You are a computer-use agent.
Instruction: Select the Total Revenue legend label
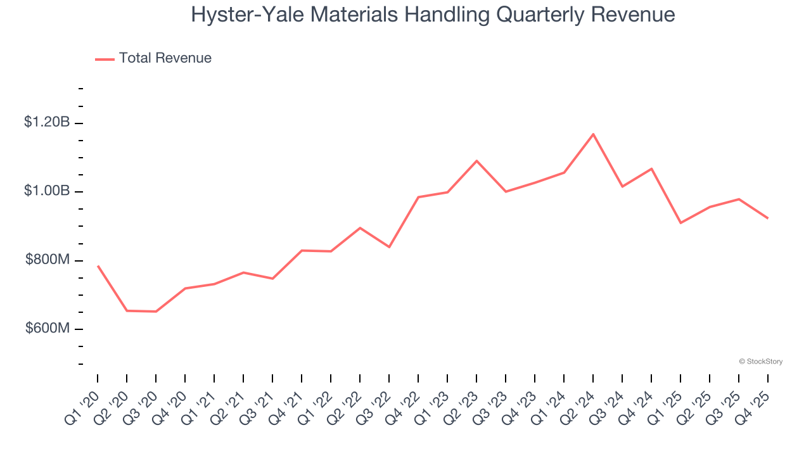point(165,58)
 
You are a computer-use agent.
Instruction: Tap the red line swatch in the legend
point(105,59)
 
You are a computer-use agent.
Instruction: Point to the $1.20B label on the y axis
point(47,122)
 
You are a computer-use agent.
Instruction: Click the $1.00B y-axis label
point(47,191)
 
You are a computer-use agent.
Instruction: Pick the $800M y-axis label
point(48,260)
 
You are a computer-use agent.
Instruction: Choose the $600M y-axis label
point(48,329)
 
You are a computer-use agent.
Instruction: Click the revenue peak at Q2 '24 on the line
point(593,134)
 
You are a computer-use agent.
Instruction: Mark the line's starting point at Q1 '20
point(98,266)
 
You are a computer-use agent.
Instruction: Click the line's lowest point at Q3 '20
point(156,312)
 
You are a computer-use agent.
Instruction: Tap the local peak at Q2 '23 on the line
point(476,161)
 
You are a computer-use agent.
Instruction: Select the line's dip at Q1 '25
point(680,223)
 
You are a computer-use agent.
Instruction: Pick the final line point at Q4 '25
point(768,218)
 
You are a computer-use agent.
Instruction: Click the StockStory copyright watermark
point(760,362)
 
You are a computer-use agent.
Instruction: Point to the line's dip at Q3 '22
point(389,247)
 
